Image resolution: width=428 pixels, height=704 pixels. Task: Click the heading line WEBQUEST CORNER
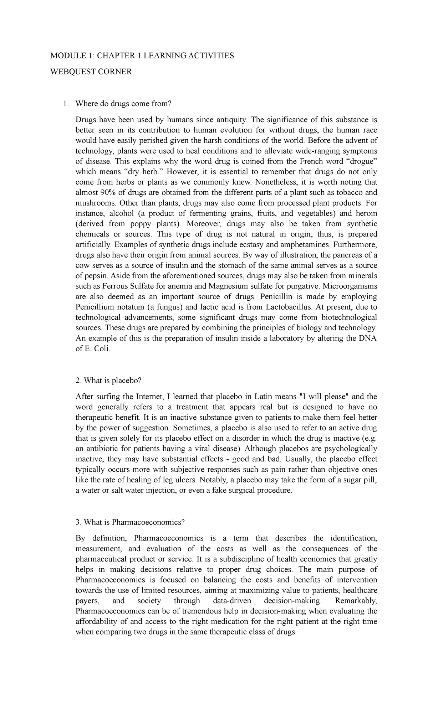91,72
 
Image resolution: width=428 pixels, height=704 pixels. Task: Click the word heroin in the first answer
365,213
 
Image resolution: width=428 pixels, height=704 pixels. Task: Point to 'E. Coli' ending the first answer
98,349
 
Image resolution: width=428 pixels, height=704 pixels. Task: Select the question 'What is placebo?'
108,381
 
